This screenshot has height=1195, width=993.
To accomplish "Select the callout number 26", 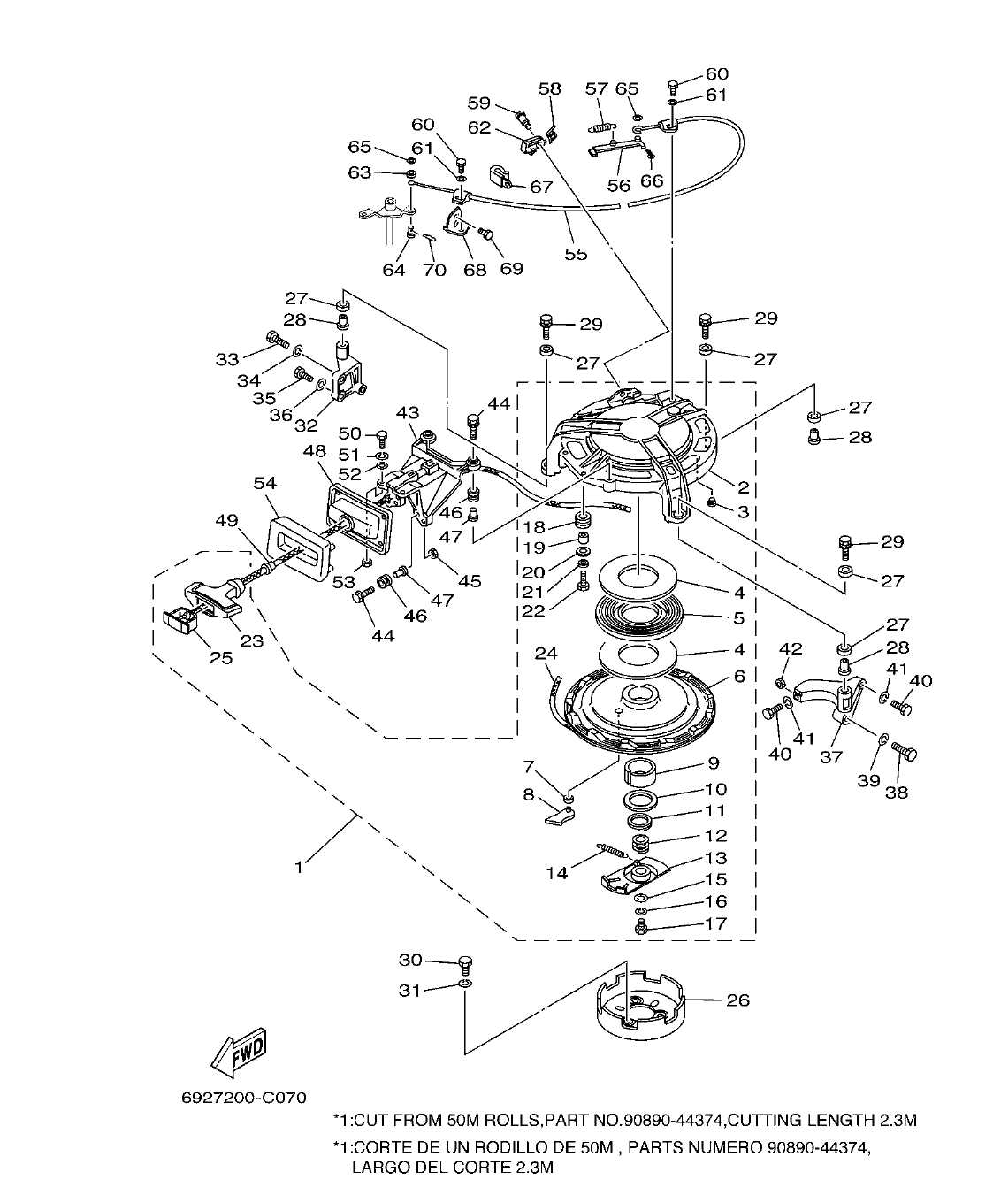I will (x=737, y=1000).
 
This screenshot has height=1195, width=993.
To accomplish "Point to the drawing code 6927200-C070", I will (x=244, y=1098).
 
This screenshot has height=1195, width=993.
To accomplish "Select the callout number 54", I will (x=264, y=483).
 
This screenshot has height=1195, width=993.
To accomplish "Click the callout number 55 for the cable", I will (x=576, y=255).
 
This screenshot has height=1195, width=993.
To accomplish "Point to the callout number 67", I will (x=540, y=187).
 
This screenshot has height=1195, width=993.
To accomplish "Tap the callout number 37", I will (x=830, y=756).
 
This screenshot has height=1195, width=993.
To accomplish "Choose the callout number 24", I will (x=546, y=654).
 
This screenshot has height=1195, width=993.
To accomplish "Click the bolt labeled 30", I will (x=464, y=962).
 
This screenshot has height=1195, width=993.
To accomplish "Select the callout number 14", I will (x=556, y=873).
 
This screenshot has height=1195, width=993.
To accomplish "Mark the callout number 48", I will (x=315, y=451).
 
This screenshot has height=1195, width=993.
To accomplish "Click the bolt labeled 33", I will (x=273, y=338).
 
